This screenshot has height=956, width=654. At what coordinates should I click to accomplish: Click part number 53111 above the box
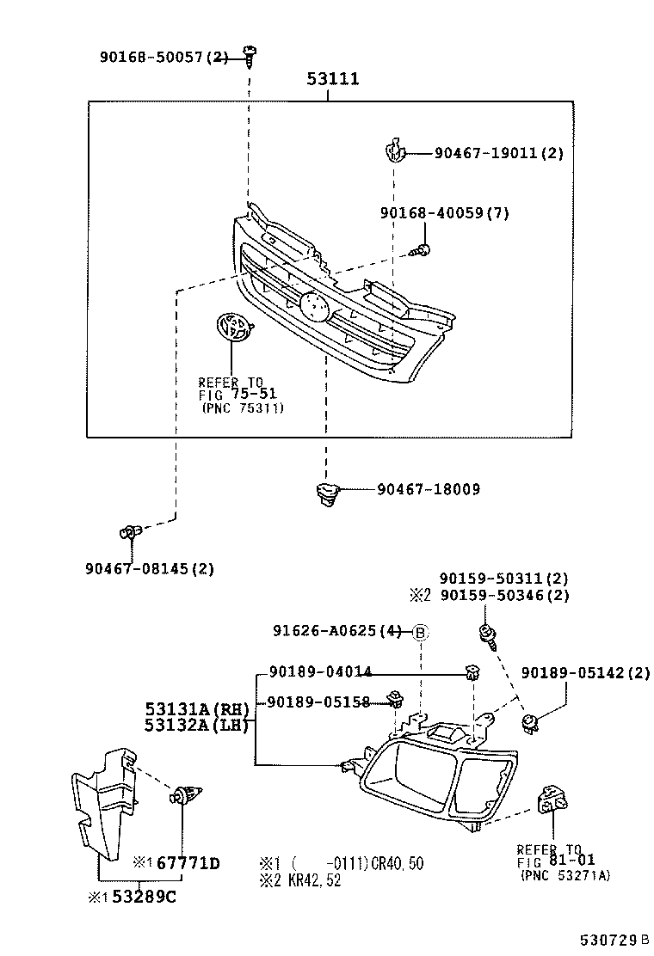coord(333,80)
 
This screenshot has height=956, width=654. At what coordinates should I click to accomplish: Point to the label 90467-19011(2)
coord(498,153)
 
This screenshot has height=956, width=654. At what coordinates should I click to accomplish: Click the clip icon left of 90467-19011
coord(393,152)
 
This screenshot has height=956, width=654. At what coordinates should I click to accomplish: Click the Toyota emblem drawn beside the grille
coord(232,329)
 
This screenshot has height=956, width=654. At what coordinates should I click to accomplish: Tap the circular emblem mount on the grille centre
coord(311,305)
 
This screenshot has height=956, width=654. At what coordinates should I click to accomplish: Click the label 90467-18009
coord(428,489)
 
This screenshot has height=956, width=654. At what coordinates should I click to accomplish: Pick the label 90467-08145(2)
coord(150,568)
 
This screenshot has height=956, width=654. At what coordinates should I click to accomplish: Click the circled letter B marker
coord(420,632)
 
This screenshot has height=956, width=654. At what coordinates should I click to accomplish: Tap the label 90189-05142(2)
coord(586,673)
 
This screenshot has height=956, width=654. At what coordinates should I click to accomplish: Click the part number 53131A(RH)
coord(196,709)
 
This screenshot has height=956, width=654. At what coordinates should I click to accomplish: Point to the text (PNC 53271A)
coord(565,875)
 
